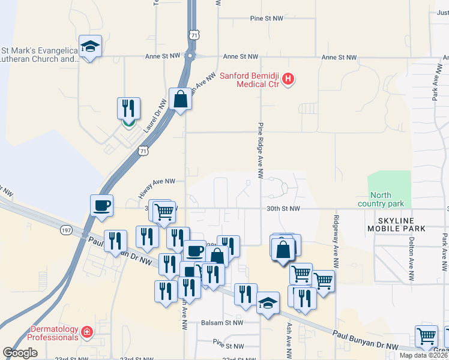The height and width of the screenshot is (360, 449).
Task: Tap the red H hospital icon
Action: [x=288, y=79]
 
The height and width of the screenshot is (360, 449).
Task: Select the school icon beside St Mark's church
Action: [x=90, y=47]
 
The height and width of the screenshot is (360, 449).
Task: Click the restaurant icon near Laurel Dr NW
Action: [x=128, y=109]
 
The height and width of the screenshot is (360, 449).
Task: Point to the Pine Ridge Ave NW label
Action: [x=261, y=151]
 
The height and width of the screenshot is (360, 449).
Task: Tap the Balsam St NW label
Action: [x=222, y=322]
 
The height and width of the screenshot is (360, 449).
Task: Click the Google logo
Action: [x=20, y=353]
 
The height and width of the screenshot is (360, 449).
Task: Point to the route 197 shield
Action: [x=66, y=229]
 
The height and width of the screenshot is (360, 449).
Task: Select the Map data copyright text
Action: [x=424, y=355]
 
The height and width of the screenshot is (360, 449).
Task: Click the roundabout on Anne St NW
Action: [x=190, y=56]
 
